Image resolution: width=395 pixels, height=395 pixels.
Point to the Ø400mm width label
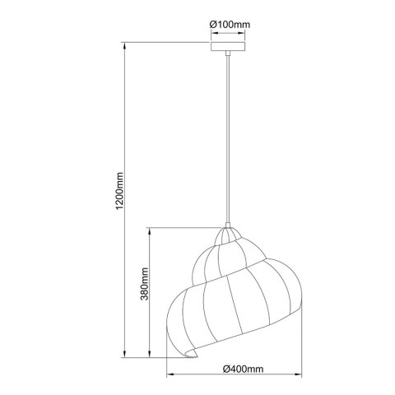click(x=243, y=369)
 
